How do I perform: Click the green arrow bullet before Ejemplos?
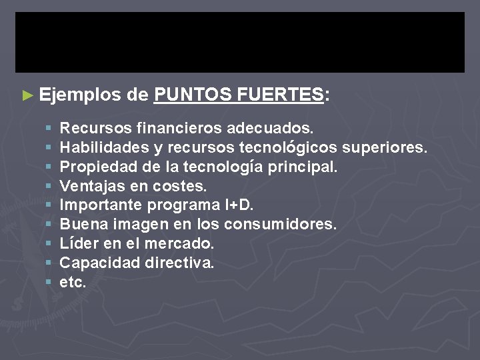[x=27, y=95]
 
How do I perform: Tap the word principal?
[x=303, y=165]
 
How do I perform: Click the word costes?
[x=183, y=185]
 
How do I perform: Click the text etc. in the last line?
[x=73, y=282]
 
